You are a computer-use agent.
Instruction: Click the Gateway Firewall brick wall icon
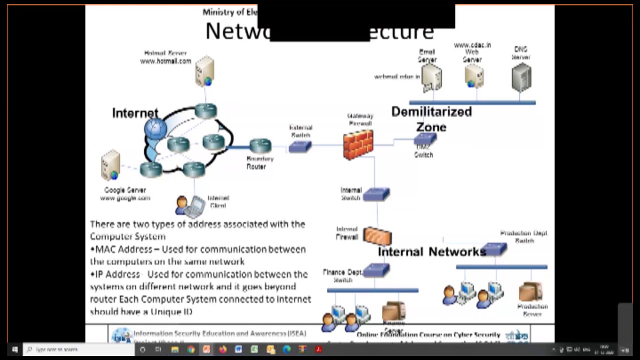[x=358, y=144]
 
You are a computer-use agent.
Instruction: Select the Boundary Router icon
[x=260, y=146]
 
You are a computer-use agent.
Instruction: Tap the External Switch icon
[x=300, y=146]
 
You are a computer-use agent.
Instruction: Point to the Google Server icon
[x=110, y=165]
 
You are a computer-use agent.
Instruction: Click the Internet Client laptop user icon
[x=190, y=204]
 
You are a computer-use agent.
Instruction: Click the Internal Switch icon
[x=376, y=194]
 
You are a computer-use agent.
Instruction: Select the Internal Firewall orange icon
[x=377, y=235]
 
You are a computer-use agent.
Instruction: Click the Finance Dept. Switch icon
[x=376, y=270]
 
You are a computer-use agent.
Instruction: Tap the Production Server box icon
[x=530, y=292]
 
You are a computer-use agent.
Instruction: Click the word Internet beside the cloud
[x=134, y=113]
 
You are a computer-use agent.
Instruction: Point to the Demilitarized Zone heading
[x=431, y=119]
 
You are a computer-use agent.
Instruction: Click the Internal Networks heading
[x=431, y=251]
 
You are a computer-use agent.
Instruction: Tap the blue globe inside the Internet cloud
[x=155, y=128]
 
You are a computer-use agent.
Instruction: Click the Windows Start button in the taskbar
[x=14, y=349]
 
